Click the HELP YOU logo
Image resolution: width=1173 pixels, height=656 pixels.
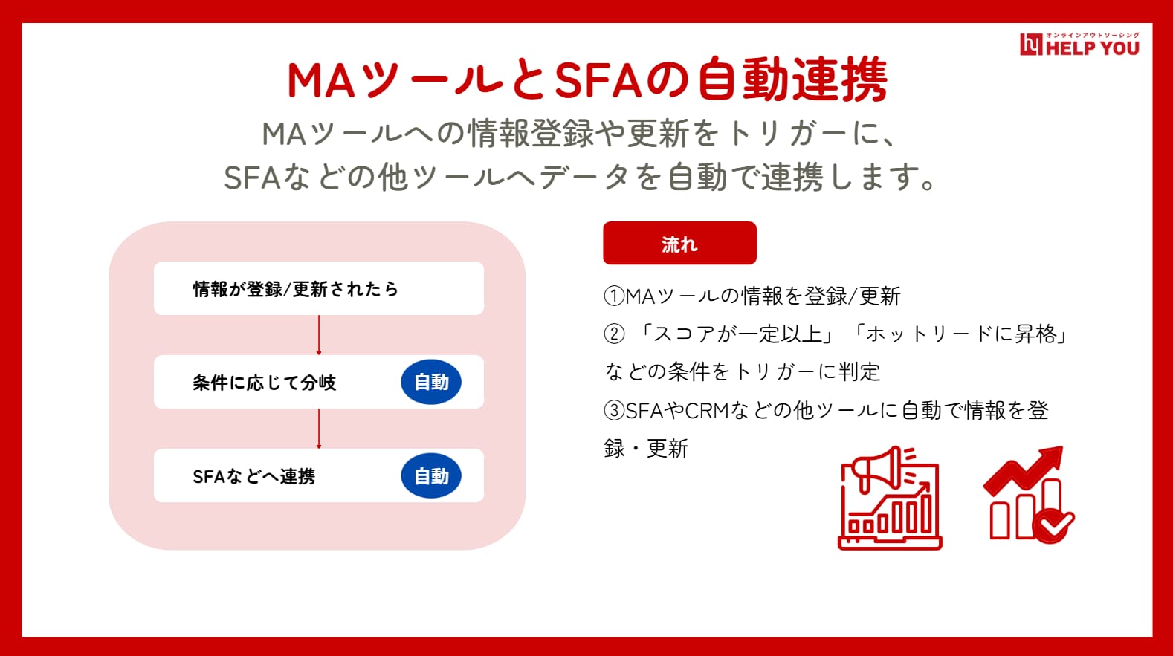coord(1079,45)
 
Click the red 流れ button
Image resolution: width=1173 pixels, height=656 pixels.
coord(679,243)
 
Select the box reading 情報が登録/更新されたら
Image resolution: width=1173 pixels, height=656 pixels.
coord(318,288)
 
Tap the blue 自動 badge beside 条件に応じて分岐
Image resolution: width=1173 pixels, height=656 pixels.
coord(431,382)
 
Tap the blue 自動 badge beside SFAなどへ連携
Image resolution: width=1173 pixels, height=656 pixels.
coord(431,475)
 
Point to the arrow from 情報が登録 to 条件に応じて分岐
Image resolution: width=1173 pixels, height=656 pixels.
coord(318,335)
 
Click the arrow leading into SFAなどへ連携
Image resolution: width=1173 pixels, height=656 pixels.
coord(318,429)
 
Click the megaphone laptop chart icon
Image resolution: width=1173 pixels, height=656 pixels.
coord(890,498)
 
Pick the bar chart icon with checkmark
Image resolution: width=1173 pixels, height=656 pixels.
coord(1029,496)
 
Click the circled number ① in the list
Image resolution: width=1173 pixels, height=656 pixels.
coord(614,296)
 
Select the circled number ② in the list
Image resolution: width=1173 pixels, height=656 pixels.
coord(614,334)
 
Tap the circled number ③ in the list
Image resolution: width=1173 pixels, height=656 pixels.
coord(614,410)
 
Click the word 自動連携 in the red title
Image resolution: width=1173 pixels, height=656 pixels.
coord(793,79)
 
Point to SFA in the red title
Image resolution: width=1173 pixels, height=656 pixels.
coord(598,80)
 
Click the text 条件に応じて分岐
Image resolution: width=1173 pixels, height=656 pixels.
coord(264,383)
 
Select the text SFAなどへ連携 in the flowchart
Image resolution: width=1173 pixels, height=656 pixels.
coord(254,476)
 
